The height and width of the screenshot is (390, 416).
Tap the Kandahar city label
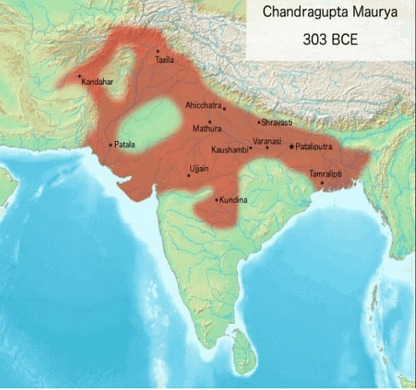tap(97, 82)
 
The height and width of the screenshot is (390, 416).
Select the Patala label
tap(125, 144)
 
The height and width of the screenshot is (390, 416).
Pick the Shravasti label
tap(277, 122)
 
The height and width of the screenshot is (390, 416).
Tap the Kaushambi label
tap(229, 149)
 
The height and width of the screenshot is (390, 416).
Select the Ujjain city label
tap(199, 169)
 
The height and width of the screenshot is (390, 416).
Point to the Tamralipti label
tap(327, 174)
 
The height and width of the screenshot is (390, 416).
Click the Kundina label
tap(232, 200)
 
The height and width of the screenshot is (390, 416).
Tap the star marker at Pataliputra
tap(291, 147)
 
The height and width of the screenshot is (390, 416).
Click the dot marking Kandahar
tap(80, 77)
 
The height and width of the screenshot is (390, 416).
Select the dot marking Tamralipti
tap(322, 183)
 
